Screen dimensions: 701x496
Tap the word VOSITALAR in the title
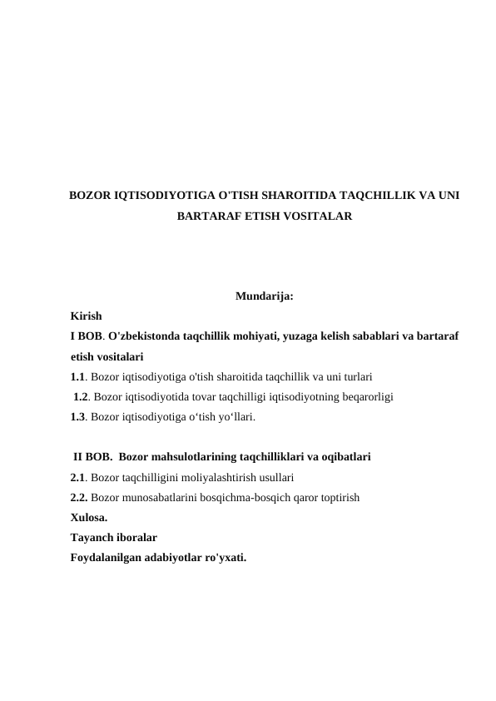313,216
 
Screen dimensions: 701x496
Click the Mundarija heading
264,296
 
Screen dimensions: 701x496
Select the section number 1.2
82,396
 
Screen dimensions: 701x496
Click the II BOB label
92,457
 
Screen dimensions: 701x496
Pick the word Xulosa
88,518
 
